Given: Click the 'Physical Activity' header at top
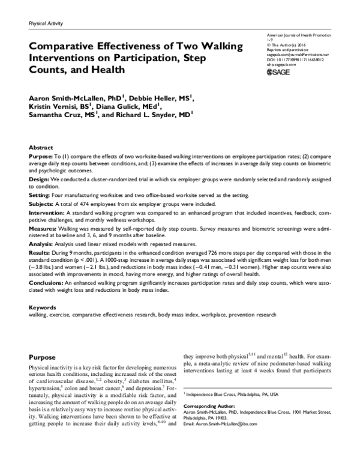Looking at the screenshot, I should tap(46, 23).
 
